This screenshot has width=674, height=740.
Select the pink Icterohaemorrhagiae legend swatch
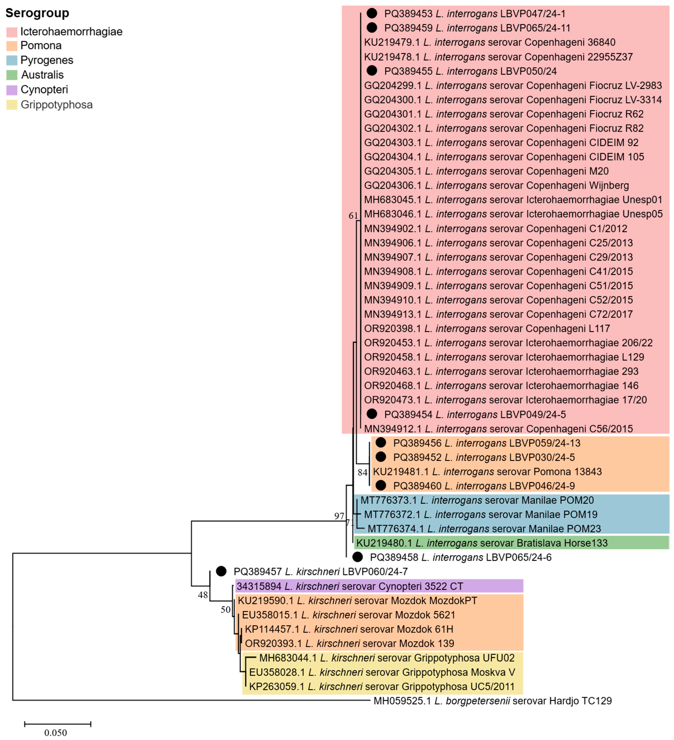12,32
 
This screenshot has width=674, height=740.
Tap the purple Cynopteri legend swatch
12,90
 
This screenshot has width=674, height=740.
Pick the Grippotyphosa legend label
56,105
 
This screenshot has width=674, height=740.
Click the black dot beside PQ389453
372,14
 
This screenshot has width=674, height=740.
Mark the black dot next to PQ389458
358,557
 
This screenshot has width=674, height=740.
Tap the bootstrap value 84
363,472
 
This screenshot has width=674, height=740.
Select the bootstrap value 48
203,595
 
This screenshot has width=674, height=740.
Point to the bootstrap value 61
353,216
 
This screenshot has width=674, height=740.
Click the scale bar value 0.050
56,733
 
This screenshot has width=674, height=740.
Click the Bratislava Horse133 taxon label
482,543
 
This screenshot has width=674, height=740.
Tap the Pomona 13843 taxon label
487,472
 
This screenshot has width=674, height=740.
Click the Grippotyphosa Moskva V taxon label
382,672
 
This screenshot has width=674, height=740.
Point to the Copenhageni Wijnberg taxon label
496,185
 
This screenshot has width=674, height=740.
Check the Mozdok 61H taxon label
349,629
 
